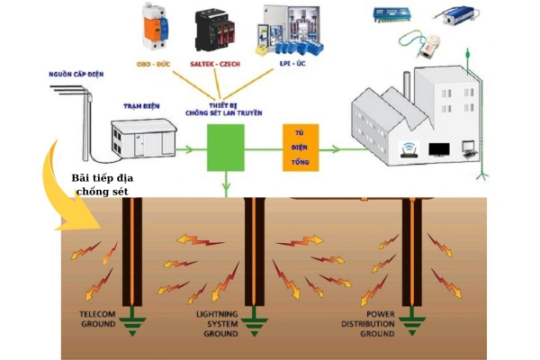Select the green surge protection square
(x=226, y=148)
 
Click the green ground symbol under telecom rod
(x=132, y=322)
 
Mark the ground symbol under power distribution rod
(x=413, y=321)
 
